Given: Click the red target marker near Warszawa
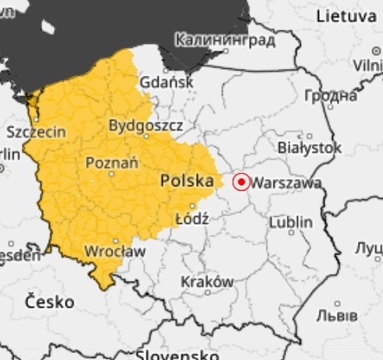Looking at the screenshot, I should click(x=242, y=182).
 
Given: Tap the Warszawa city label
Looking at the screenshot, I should click(x=288, y=183).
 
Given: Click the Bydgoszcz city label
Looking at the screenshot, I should click(x=145, y=125).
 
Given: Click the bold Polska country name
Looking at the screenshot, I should click(x=187, y=182).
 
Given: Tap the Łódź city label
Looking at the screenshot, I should click(x=192, y=218).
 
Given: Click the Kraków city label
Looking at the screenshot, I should click(x=207, y=281).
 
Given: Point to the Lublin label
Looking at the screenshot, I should click(x=290, y=223).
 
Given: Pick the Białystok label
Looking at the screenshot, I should click(x=310, y=147).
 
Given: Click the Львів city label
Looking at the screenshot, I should click(x=337, y=315).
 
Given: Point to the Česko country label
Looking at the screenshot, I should click(x=49, y=301).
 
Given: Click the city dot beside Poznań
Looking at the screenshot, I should click(x=111, y=174).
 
